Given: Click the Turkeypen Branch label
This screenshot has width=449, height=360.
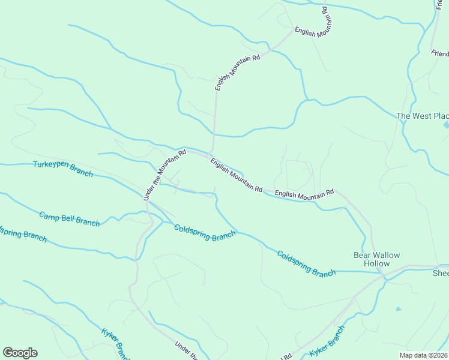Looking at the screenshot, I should (x=63, y=169).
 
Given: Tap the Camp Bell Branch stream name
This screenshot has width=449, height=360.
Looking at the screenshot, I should (x=69, y=219).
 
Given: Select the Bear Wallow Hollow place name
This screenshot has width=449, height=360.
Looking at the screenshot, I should (x=376, y=259).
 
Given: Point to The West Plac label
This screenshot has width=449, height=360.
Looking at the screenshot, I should (x=423, y=116).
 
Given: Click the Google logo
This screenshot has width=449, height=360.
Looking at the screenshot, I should (x=20, y=353).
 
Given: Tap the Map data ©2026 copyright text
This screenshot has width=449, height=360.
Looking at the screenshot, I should (x=423, y=355).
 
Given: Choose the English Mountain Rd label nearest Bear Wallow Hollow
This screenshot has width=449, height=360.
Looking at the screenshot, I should (x=304, y=193).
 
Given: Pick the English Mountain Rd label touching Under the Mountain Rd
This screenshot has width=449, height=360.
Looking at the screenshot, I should (x=237, y=175).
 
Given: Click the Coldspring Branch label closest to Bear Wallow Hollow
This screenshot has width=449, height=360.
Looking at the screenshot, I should (x=306, y=263).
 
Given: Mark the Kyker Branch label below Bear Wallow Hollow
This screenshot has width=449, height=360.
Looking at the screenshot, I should (x=327, y=342).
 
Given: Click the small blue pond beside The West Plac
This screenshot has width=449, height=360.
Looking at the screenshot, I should (x=445, y=125).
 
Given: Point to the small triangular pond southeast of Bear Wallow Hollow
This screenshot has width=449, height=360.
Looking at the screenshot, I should (x=398, y=309).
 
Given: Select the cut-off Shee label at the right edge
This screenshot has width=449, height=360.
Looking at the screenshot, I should (x=441, y=273).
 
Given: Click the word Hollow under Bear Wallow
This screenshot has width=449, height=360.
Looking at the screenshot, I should (x=376, y=264).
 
